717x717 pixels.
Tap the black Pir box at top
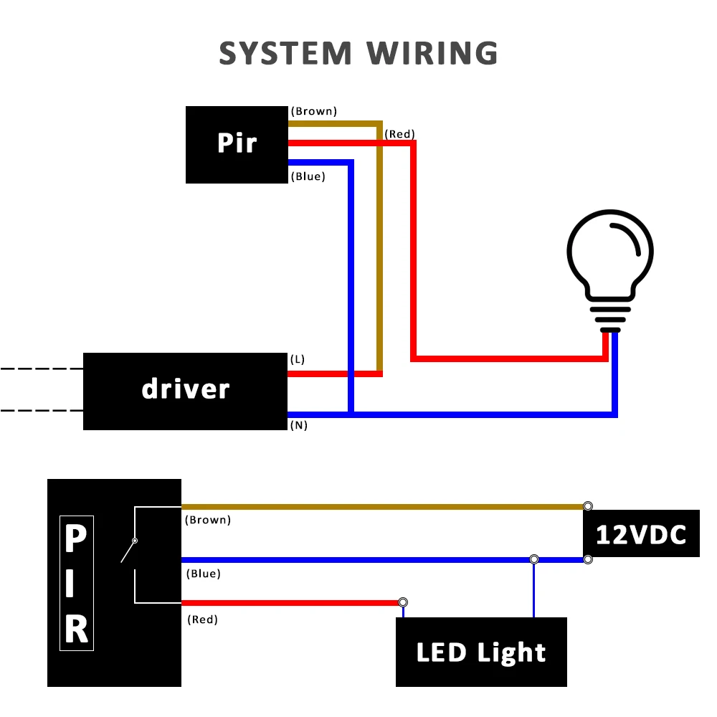coord(237,144)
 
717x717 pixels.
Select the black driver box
coord(185,391)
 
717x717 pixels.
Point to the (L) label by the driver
coord(298,359)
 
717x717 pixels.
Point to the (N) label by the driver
coord(299,425)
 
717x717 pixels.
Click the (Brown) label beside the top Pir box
coord(313,111)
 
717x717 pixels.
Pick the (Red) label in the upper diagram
coord(399,134)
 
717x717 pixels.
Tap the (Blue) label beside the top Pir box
coord(308,176)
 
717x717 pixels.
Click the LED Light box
coord(481,652)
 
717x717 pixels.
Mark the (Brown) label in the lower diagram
coord(208,520)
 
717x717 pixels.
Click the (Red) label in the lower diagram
coord(202,619)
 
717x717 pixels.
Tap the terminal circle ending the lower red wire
coord(403,602)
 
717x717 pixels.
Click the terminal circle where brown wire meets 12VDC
coord(588,506)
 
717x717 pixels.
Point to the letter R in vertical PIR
coord(77,629)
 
